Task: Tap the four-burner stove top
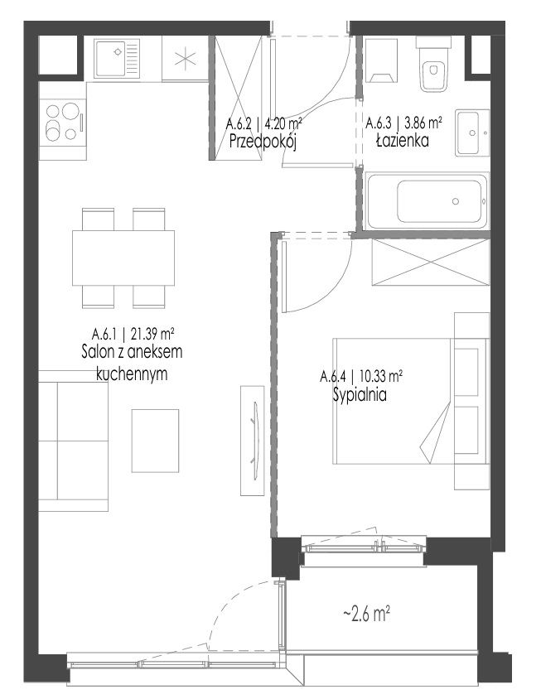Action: (x=62, y=121)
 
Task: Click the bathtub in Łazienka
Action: (x=427, y=201)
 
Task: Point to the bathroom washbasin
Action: (x=472, y=133)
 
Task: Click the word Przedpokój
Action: (x=263, y=142)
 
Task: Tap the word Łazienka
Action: (x=402, y=141)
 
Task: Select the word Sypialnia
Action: (x=360, y=395)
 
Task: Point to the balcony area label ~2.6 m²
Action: (x=367, y=615)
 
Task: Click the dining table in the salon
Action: (x=123, y=258)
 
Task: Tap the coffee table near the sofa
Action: (x=155, y=441)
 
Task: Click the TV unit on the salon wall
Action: (x=253, y=441)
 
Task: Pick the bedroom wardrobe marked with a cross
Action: (x=431, y=262)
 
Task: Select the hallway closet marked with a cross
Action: (x=238, y=98)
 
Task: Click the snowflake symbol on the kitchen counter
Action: (x=185, y=59)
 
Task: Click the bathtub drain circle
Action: (x=456, y=201)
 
